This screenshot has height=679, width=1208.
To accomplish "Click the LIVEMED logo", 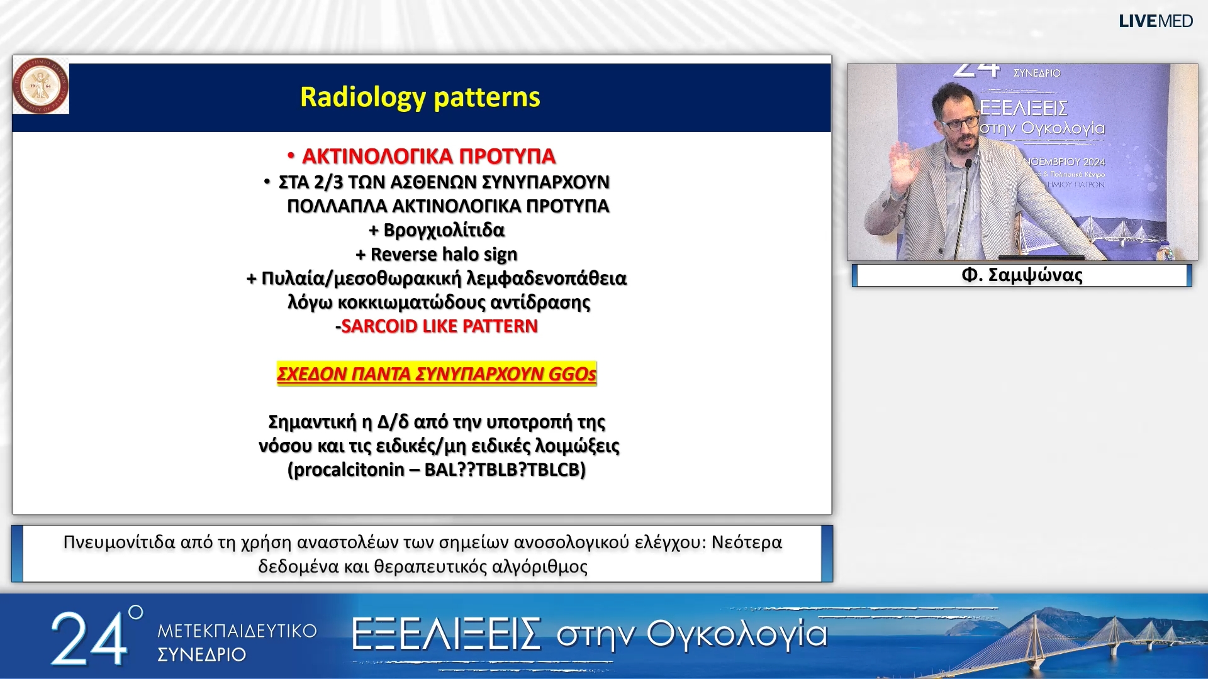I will coord(1155,21).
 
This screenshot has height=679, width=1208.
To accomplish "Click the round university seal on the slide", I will coord(40,86).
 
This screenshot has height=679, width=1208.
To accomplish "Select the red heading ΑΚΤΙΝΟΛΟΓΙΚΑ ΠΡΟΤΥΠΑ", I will coord(428,156).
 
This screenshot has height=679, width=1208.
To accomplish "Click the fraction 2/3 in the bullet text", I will coord(328,182).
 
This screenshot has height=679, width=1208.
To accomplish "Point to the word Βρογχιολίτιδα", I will coord(444,230).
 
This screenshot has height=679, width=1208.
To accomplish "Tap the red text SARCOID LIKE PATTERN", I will coord(439,326).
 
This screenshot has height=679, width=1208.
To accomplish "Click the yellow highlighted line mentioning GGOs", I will coord(436,374).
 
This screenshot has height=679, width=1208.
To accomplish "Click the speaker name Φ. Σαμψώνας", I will coord(1022,275).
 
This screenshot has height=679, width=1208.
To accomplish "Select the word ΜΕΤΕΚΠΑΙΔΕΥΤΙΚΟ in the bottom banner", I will coord(237,631).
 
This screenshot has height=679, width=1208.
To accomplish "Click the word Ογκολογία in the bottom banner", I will coord(736,634).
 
